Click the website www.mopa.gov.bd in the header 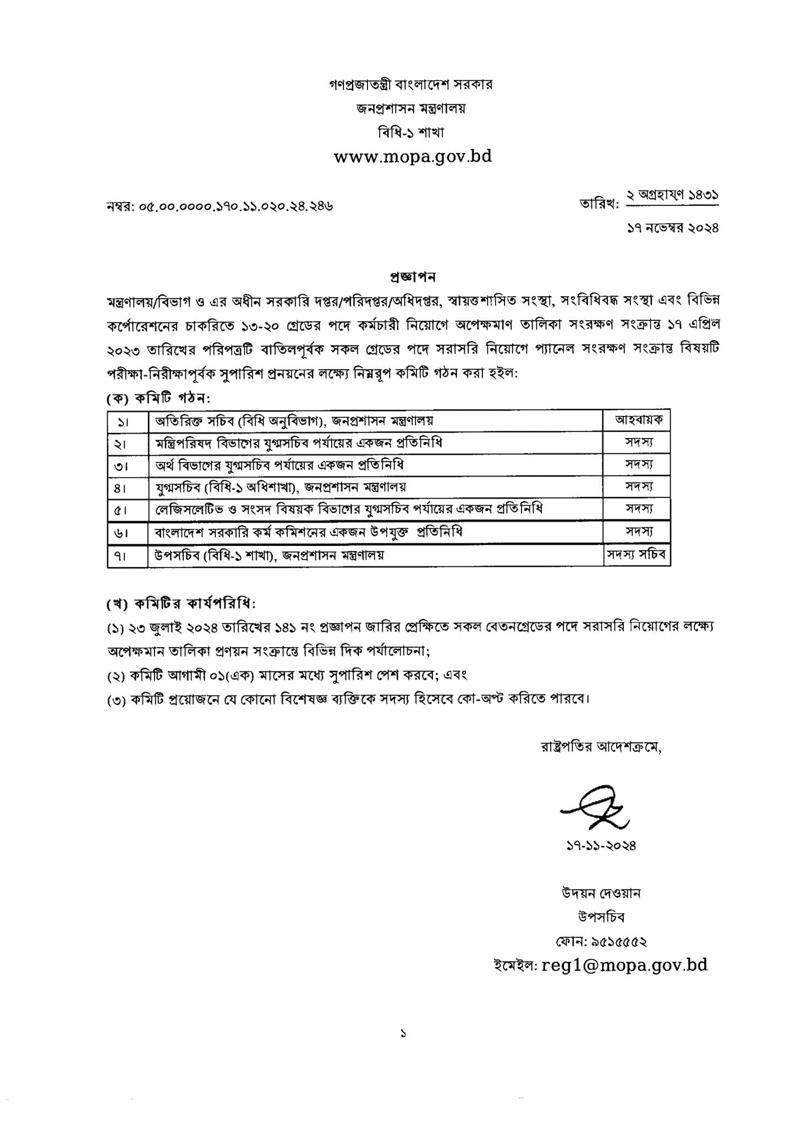413,157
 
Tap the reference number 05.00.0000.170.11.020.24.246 220,206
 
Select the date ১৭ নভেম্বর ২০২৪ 673,228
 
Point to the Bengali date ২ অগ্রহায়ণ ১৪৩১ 673,195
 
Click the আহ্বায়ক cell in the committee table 637,420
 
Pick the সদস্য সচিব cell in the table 637,555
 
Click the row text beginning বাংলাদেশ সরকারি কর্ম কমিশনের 309,533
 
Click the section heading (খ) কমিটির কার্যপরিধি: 182,604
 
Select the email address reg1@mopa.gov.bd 624,965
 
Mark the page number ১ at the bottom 403,1035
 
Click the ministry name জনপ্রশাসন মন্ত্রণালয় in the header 410,108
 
